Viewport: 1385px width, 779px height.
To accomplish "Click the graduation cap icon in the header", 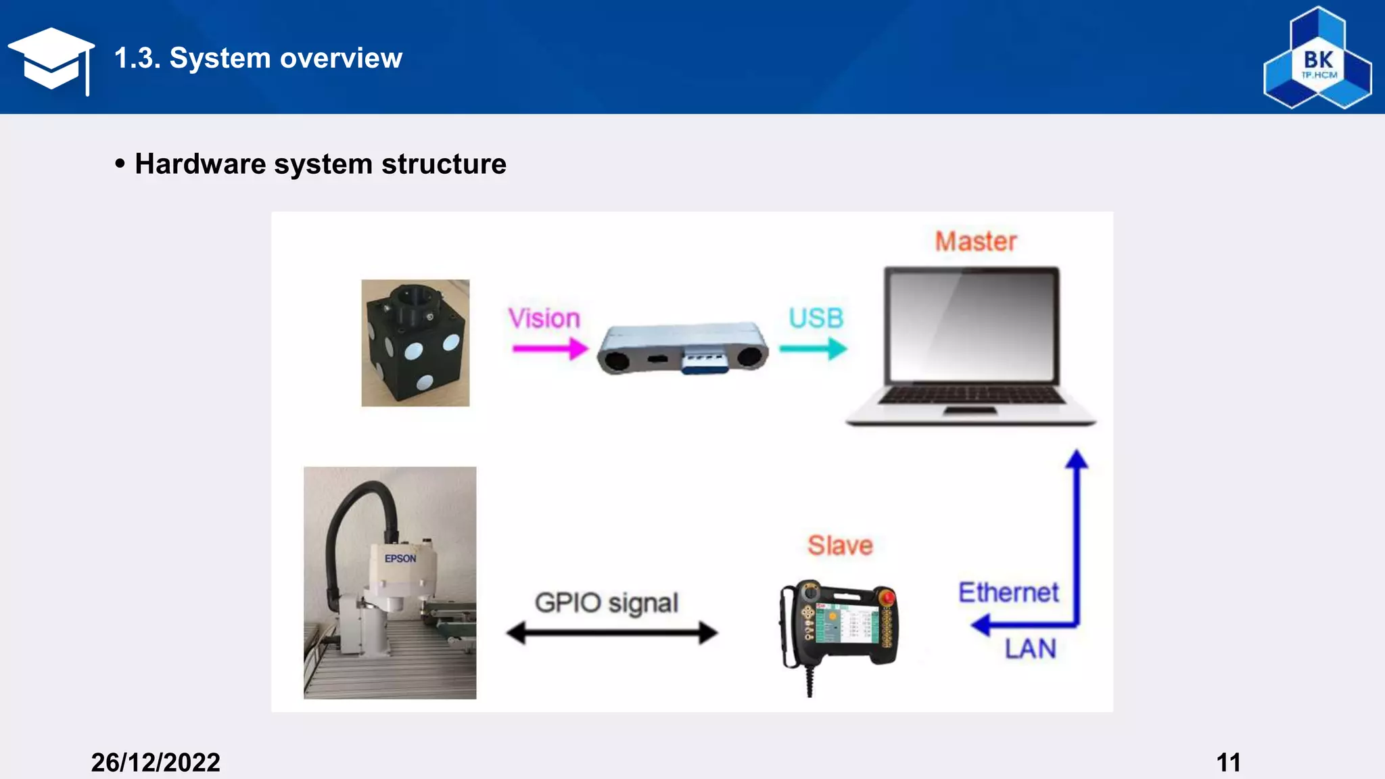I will [51, 60].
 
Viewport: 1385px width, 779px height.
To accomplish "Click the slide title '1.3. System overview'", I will [258, 58].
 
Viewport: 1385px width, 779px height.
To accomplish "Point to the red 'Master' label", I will [975, 241].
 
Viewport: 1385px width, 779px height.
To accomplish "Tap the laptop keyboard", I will [972, 395].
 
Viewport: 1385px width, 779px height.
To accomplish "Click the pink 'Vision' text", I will [544, 318].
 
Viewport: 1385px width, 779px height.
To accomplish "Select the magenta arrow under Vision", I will [550, 349].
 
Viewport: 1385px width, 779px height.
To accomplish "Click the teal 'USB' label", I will [816, 318].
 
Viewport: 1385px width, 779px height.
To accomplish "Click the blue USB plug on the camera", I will [703, 360].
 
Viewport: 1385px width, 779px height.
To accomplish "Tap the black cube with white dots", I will [415, 344].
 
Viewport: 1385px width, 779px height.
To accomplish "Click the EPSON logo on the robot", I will [400, 559].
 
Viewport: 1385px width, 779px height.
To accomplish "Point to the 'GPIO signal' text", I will [607, 603].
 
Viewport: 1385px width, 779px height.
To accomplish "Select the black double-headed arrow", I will [612, 633].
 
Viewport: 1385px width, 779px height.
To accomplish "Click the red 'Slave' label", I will [840, 545].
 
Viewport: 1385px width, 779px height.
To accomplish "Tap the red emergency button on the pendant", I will [887, 597].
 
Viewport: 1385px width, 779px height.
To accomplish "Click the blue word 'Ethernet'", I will [1008, 592].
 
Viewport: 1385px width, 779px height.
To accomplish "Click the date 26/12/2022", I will [156, 763].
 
